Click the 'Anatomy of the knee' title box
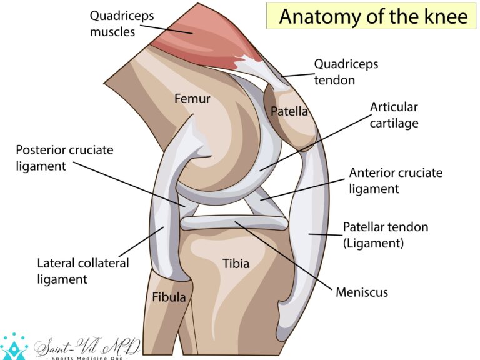tap(371, 16)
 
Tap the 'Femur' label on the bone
tap(192, 99)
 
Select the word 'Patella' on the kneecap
tap(289, 111)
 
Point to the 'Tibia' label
tap(236, 264)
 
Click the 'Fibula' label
tap(169, 297)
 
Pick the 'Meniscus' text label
tap(362, 292)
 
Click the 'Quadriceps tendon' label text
tap(346, 72)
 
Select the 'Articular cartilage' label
tap(394, 115)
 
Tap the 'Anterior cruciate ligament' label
tap(396, 181)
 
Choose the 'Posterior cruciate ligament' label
tap(64, 158)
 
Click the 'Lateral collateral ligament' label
tap(83, 271)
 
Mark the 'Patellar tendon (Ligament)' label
tap(386, 235)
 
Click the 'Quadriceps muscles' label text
tap(122, 24)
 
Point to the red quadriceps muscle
tap(202, 37)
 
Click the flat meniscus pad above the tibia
tap(234, 223)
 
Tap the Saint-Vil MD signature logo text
tap(87, 348)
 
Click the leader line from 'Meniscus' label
tap(284, 255)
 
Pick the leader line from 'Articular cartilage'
tap(315, 142)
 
